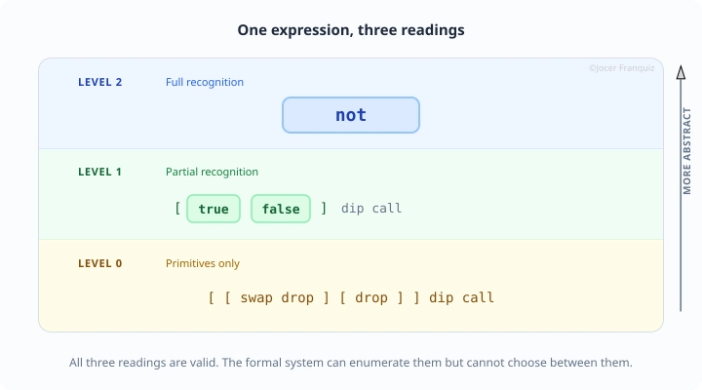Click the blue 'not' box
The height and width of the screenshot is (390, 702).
click(351, 115)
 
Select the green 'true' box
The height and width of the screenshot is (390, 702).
click(213, 209)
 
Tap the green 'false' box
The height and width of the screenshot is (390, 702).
click(281, 209)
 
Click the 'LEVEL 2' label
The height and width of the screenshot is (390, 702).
click(100, 82)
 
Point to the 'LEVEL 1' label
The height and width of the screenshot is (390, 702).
click(100, 172)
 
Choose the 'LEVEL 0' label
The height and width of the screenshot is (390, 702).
click(100, 263)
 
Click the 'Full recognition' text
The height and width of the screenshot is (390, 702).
click(205, 82)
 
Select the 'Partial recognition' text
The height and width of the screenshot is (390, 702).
click(212, 172)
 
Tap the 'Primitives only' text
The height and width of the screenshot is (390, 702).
click(203, 263)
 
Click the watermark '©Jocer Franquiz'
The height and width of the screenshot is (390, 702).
click(622, 69)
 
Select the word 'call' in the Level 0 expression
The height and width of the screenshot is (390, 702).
click(478, 297)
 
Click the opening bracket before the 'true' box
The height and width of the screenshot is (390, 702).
click(177, 209)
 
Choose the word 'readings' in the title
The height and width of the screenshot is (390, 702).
click(433, 30)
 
